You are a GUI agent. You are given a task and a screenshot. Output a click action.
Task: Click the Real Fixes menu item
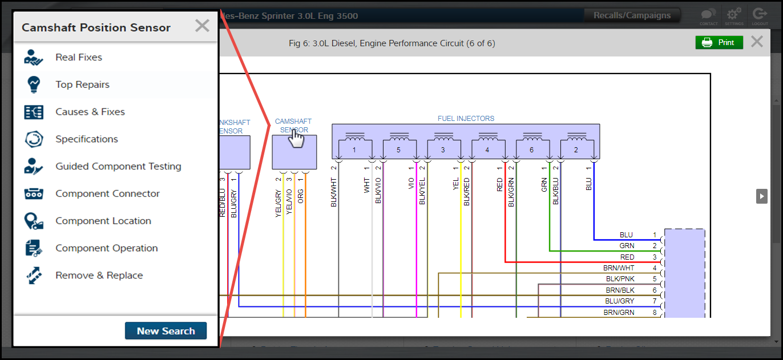(x=79, y=57)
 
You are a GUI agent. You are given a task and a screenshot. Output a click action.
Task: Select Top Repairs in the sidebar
(x=82, y=84)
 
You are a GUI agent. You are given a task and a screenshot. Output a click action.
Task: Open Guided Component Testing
(x=118, y=167)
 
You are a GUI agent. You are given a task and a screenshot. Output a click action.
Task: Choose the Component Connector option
(x=107, y=194)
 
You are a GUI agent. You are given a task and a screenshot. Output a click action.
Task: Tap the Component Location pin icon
(x=34, y=221)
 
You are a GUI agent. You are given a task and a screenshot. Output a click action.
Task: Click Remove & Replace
(x=99, y=276)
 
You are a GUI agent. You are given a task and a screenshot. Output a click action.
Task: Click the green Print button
(x=719, y=42)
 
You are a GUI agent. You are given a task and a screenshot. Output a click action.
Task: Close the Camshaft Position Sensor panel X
(x=202, y=26)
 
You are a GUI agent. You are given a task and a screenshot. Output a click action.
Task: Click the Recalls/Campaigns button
(x=632, y=15)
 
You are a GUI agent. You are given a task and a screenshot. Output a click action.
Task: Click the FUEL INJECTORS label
(x=466, y=119)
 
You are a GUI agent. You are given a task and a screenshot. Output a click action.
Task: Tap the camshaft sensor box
(x=294, y=152)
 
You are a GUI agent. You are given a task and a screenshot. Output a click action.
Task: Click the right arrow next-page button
(x=761, y=196)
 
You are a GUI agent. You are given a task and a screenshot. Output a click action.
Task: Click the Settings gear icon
(x=734, y=15)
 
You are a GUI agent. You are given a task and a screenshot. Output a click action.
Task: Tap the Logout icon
(x=760, y=15)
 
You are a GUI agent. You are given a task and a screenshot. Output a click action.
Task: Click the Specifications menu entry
(x=86, y=139)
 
